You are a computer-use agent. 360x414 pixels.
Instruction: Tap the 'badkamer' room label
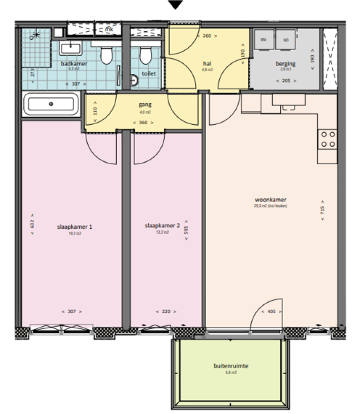(74, 63)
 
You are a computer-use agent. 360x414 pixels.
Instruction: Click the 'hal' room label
(207, 63)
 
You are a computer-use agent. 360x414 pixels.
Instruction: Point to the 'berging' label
(285, 63)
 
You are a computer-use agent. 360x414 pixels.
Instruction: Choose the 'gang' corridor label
(145, 105)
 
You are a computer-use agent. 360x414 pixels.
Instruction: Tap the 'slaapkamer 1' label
(75, 226)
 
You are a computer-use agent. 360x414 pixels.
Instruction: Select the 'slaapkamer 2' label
(162, 226)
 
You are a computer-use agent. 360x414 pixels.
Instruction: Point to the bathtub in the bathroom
(52, 104)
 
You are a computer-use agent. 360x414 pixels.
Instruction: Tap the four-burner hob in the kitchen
(328, 139)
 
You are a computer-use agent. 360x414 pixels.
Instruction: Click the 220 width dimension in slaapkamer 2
(166, 312)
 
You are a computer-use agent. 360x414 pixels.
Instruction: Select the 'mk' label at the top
(109, 30)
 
